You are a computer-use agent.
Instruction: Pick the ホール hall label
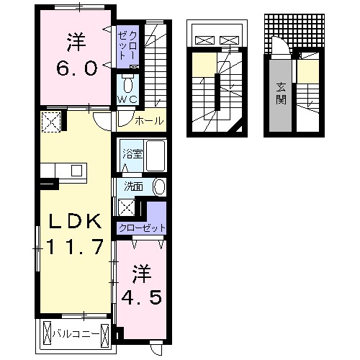149,121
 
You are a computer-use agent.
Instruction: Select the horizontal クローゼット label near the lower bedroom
143,228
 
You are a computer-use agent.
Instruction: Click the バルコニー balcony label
78,334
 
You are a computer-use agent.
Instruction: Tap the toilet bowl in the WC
128,81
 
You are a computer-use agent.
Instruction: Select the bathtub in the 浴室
156,156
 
